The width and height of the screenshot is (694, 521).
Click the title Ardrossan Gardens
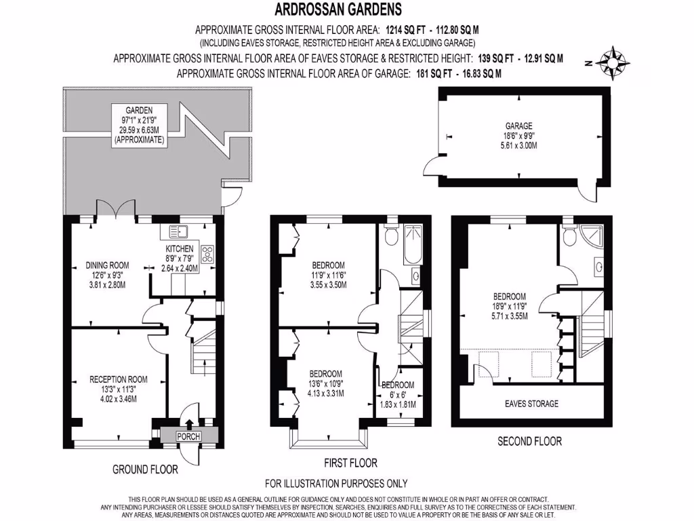pos(338,9)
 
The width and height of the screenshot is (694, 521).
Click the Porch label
pos(188,436)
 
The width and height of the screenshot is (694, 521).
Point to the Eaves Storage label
pos(531,404)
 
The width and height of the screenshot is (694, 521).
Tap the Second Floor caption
pos(529,441)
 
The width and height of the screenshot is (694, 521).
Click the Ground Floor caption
pos(145,469)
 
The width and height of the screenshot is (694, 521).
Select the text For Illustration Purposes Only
pos(336,484)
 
